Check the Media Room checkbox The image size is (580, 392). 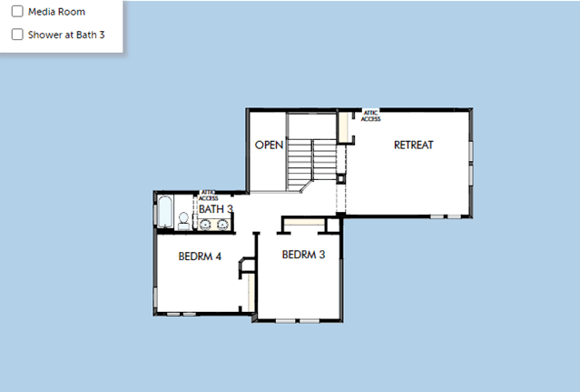(x=17, y=12)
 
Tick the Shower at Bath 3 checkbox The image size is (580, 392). (x=17, y=35)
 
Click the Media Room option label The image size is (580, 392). (x=56, y=12)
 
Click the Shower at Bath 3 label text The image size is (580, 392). (x=66, y=35)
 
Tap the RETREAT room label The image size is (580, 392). (x=414, y=145)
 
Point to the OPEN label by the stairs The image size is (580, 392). (x=269, y=145)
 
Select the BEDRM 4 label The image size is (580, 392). (x=200, y=256)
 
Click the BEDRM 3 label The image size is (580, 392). (x=303, y=255)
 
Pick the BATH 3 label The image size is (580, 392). (x=216, y=209)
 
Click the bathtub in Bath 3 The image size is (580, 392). (x=164, y=211)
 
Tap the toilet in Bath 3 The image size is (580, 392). (x=183, y=221)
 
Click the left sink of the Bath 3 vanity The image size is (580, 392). (x=205, y=225)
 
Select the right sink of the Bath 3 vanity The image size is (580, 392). (x=222, y=225)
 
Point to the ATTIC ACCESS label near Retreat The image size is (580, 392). (x=370, y=116)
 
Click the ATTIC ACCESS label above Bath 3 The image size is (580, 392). (x=208, y=196)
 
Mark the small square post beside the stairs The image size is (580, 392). (x=340, y=179)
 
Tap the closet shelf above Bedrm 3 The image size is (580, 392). (x=304, y=222)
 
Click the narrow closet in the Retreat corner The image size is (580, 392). (x=344, y=127)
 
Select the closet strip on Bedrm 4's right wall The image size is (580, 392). (x=251, y=292)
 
